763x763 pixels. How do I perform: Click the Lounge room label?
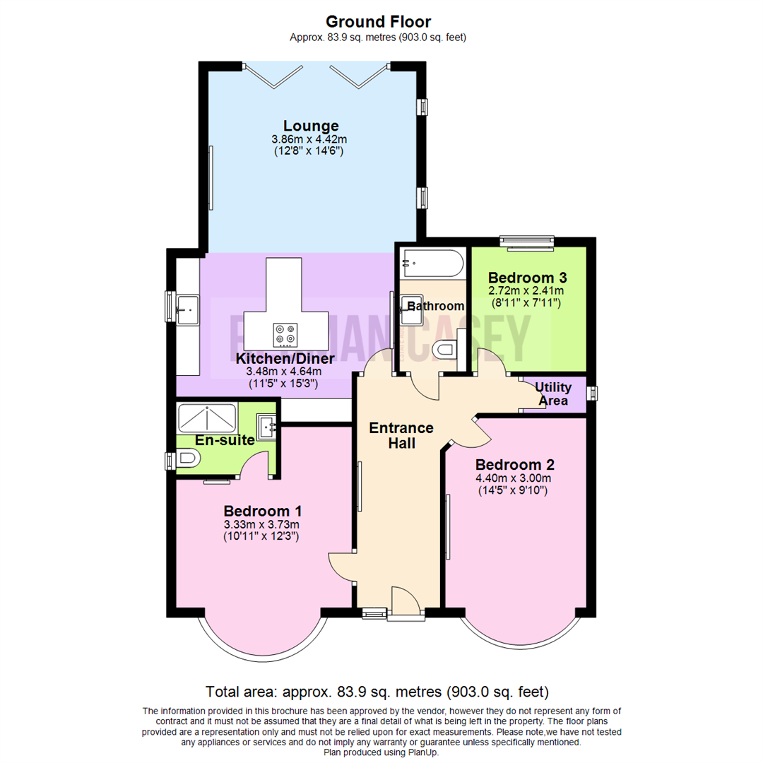click(x=312, y=126)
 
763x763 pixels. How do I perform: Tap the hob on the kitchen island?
click(x=286, y=334)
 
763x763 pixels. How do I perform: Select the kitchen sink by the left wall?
click(x=188, y=307)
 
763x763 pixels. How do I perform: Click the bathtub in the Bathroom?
click(x=432, y=264)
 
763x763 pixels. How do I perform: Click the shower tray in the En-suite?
click(x=207, y=418)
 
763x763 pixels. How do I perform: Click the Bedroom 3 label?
click(x=527, y=278)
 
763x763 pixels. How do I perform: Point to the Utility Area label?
click(x=552, y=394)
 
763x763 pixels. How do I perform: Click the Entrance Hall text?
click(x=401, y=435)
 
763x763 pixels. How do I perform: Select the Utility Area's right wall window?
click(x=592, y=393)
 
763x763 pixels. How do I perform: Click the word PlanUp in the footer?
click(x=421, y=752)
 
